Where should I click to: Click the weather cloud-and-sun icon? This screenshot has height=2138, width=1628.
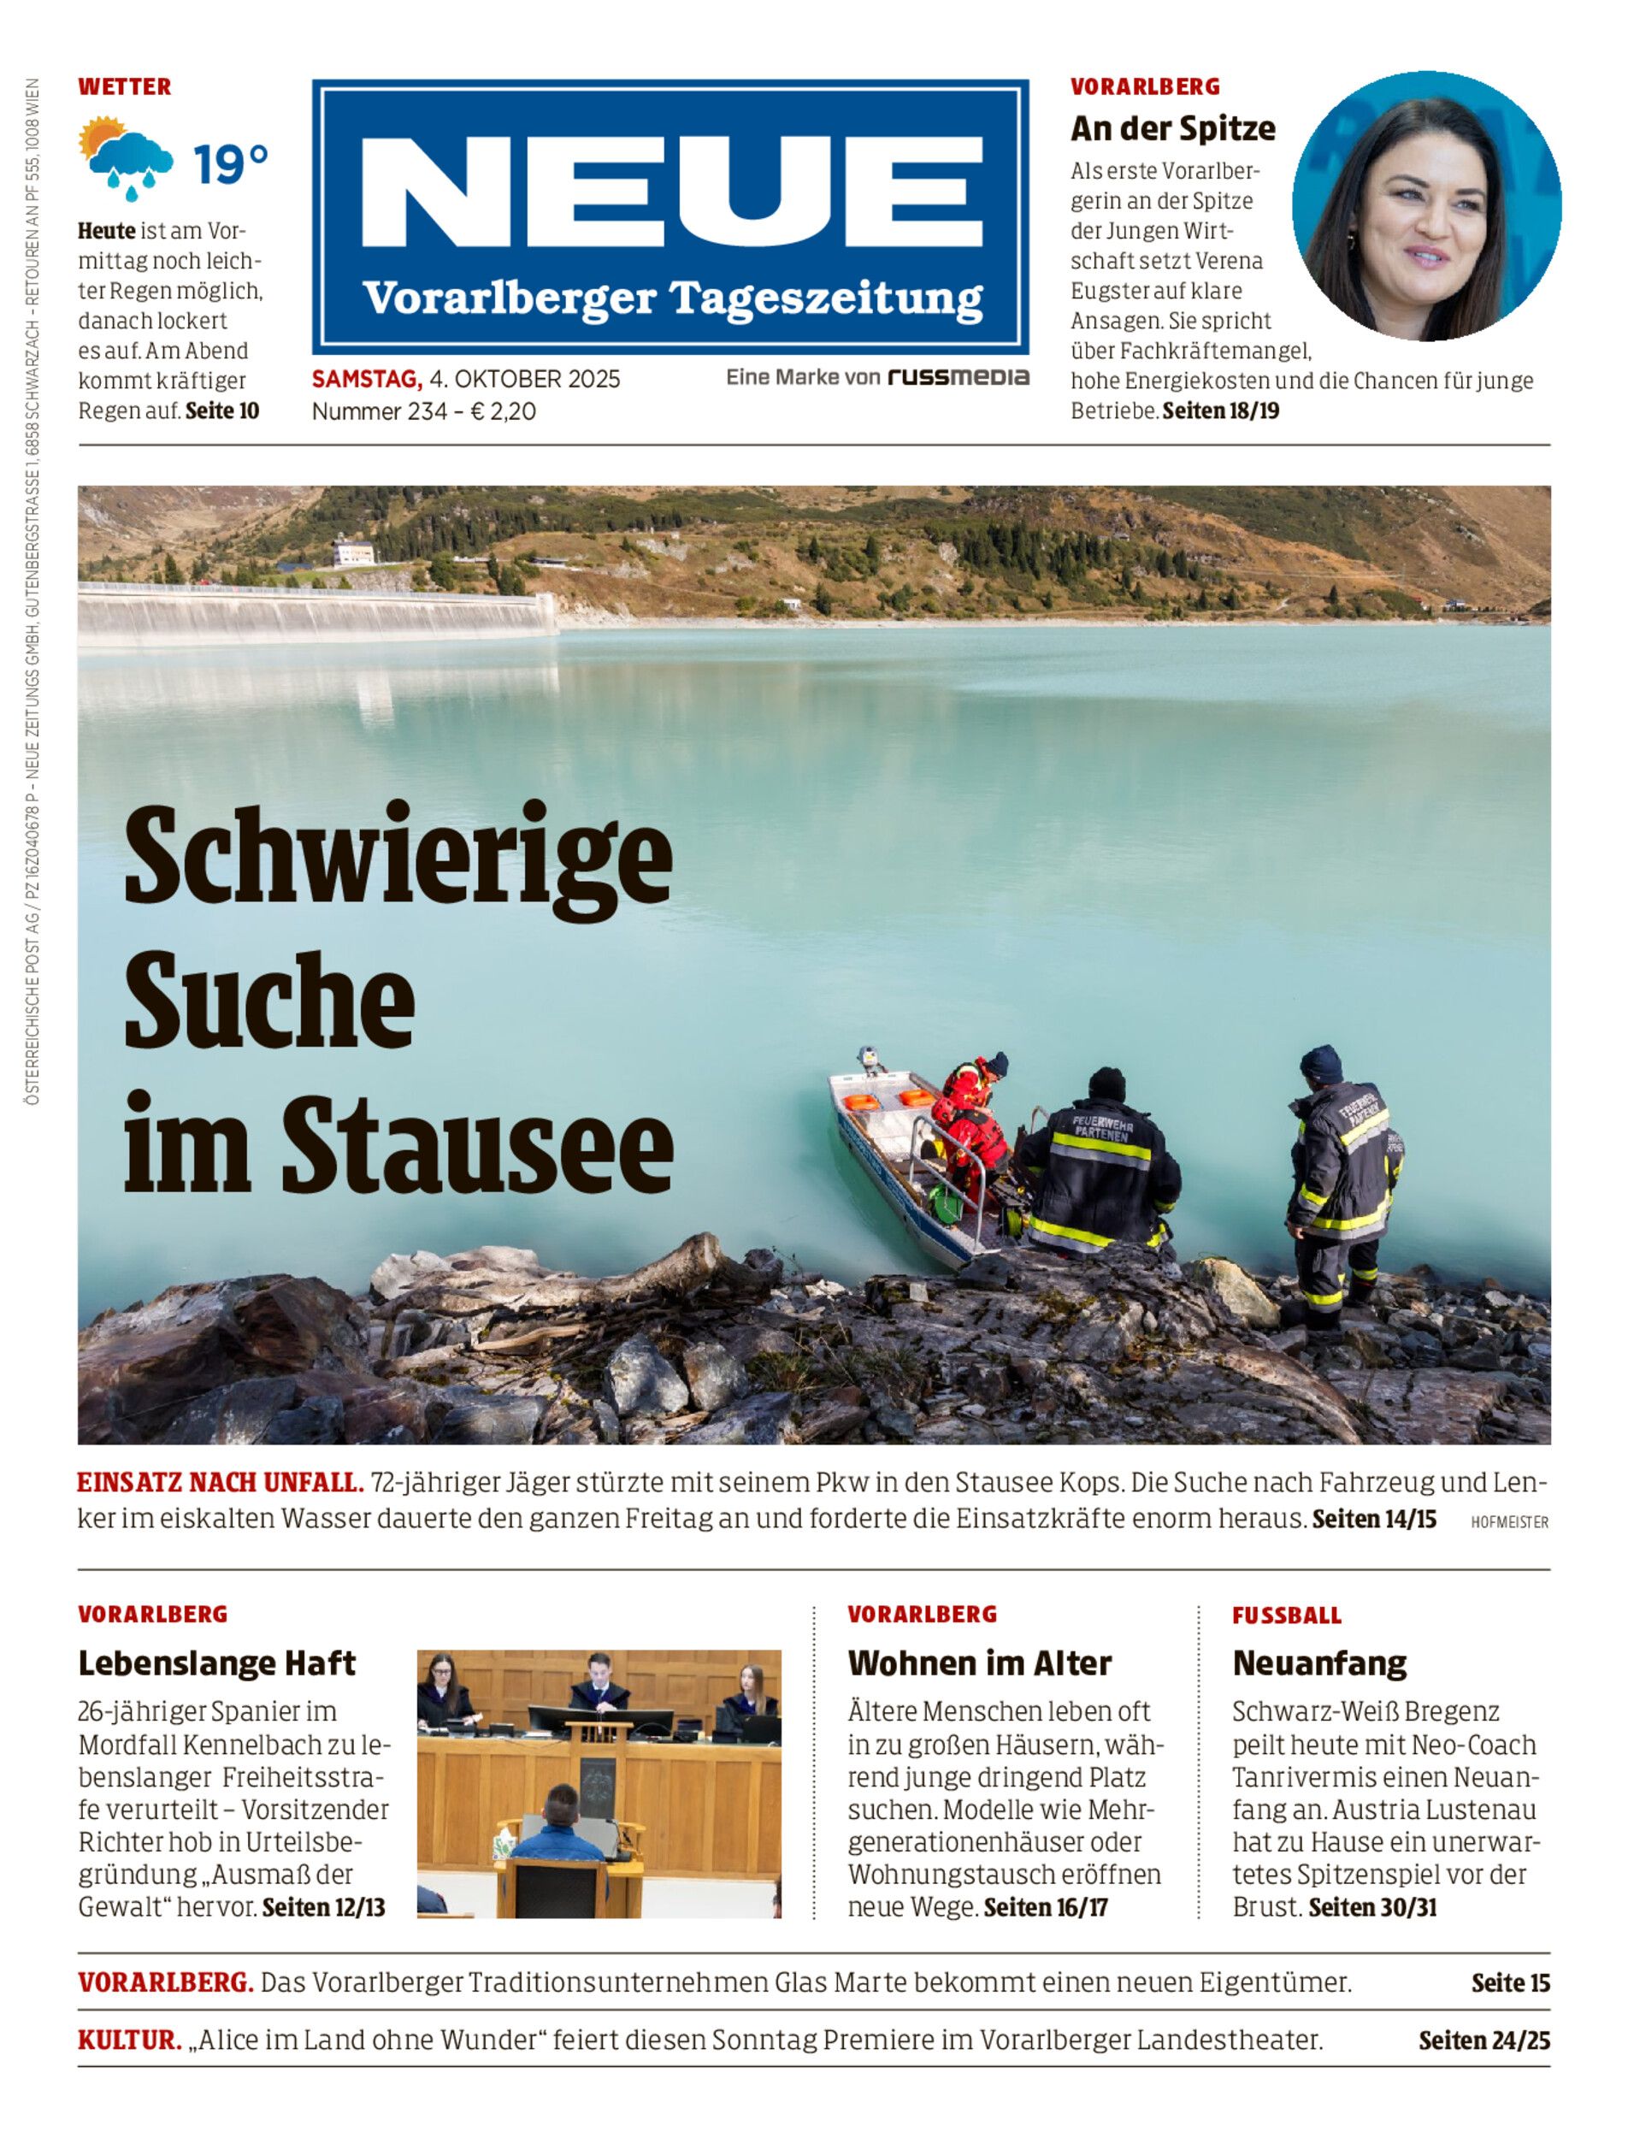(125, 157)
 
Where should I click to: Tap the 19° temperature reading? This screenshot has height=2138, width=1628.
(231, 165)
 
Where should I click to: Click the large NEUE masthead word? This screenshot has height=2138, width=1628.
(670, 192)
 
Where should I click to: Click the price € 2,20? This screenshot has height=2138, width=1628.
(503, 411)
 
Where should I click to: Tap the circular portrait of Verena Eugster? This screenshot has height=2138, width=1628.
(1426, 205)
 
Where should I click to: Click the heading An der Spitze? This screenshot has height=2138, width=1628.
(1172, 128)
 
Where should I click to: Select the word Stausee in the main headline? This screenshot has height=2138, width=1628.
(477, 1143)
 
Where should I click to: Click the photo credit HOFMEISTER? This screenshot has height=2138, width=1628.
(1509, 1522)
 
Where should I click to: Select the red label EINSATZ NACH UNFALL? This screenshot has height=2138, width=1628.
(220, 1483)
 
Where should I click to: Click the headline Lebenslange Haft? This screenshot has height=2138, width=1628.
(217, 1663)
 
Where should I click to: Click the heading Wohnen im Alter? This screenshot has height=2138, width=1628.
(979, 1663)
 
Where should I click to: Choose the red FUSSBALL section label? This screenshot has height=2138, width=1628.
(1286, 1615)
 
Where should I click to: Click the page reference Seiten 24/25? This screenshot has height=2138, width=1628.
(1483, 2041)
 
